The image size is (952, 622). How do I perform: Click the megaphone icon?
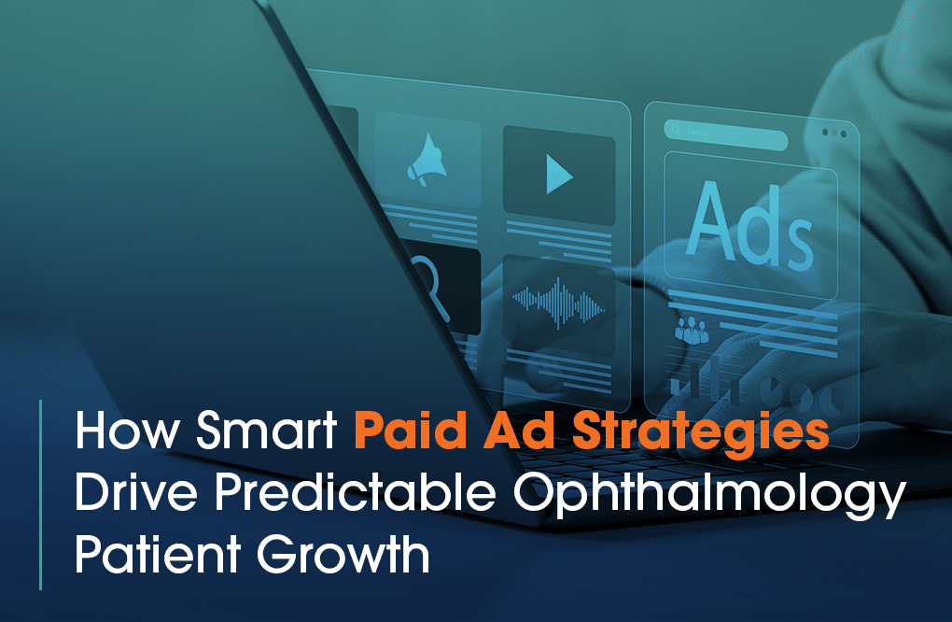pos(427,160)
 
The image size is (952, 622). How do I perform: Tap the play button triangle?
pos(559,175)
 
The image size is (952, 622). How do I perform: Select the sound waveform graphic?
pos(558,302)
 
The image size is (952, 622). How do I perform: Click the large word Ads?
pos(750,225)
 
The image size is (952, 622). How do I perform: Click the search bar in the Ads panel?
pos(725,134)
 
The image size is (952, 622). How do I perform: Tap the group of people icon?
pos(692,330)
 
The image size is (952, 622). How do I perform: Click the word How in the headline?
pos(127,430)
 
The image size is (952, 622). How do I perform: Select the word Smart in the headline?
pos(267,430)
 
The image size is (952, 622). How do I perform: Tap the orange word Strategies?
pos(701,432)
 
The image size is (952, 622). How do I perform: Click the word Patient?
pos(158,554)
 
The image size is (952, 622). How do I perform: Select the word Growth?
pos(343,554)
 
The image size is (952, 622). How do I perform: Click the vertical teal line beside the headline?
pos(41,494)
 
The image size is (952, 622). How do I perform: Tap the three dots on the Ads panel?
pos(834,133)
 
